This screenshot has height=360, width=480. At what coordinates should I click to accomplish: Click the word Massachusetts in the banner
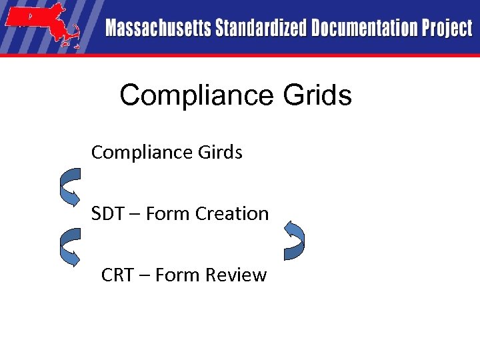(157, 29)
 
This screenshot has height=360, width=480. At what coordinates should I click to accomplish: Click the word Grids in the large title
(317, 96)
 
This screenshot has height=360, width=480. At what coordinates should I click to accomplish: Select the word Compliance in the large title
(196, 96)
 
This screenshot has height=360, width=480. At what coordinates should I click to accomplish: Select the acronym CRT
(117, 275)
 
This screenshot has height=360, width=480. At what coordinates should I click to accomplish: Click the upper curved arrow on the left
(70, 185)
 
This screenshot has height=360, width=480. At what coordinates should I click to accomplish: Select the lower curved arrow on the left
(70, 247)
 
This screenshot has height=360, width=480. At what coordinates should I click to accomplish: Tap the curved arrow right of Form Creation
(294, 240)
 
